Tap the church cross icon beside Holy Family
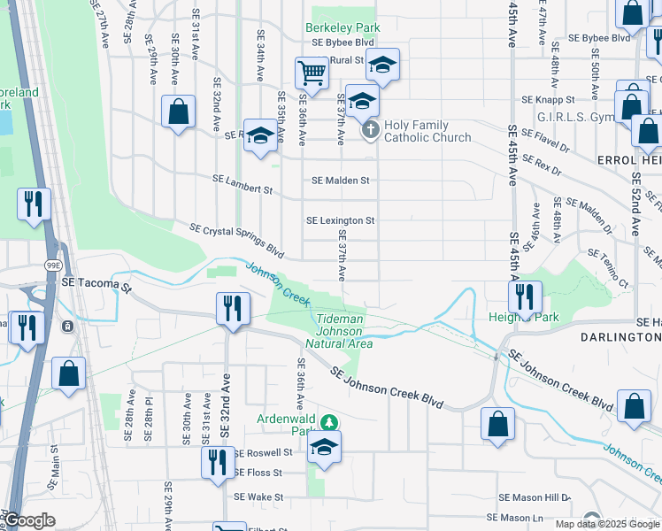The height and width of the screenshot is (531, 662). (x=371, y=131)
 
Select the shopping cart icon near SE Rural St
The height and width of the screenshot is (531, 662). (x=311, y=73)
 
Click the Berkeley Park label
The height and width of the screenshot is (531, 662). (x=343, y=27)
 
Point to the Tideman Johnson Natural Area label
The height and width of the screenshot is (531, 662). (x=339, y=330)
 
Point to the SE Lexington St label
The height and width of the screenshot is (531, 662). (x=341, y=220)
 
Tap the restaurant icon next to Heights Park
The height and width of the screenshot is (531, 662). (x=526, y=295)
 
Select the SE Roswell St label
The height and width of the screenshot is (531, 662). (x=263, y=452)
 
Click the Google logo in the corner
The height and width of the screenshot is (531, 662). (x=29, y=520)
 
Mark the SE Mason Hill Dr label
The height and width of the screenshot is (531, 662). (x=535, y=498)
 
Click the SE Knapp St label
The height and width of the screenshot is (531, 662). (x=548, y=100)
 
